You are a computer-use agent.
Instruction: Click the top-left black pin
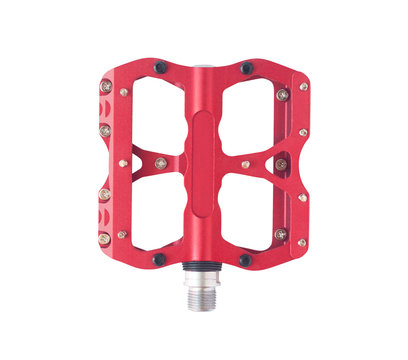tap(159, 68)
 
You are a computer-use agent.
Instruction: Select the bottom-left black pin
tap(158, 258)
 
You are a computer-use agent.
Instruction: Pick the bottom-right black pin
tap(245, 260)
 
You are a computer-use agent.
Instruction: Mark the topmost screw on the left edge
tap(106, 87)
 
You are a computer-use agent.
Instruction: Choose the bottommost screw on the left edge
tap(105, 238)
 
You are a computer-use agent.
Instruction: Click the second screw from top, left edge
tap(105, 130)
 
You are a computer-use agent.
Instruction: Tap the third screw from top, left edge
tap(104, 193)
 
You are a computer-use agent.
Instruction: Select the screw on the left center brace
tap(160, 163)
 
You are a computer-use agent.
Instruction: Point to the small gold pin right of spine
tap(245, 163)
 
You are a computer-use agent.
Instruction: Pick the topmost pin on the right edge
tap(303, 87)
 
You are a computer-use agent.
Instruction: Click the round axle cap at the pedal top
tap(201, 70)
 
